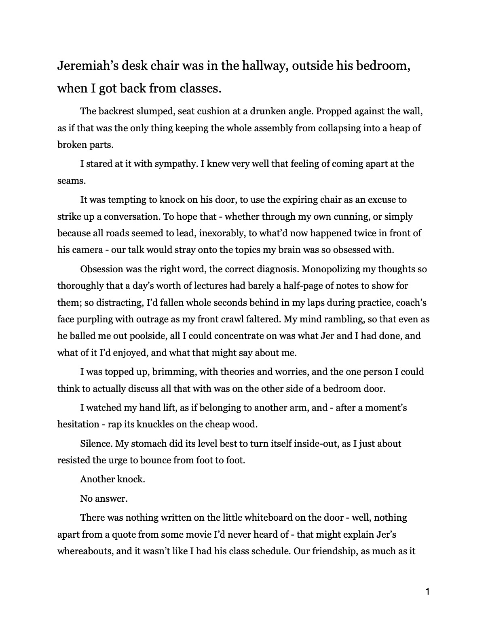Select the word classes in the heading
coord(200,88)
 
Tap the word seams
coord(71,181)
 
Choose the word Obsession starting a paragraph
coord(102,269)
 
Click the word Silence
coord(95,444)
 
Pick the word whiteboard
coord(249,517)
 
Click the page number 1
coord(428,592)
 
